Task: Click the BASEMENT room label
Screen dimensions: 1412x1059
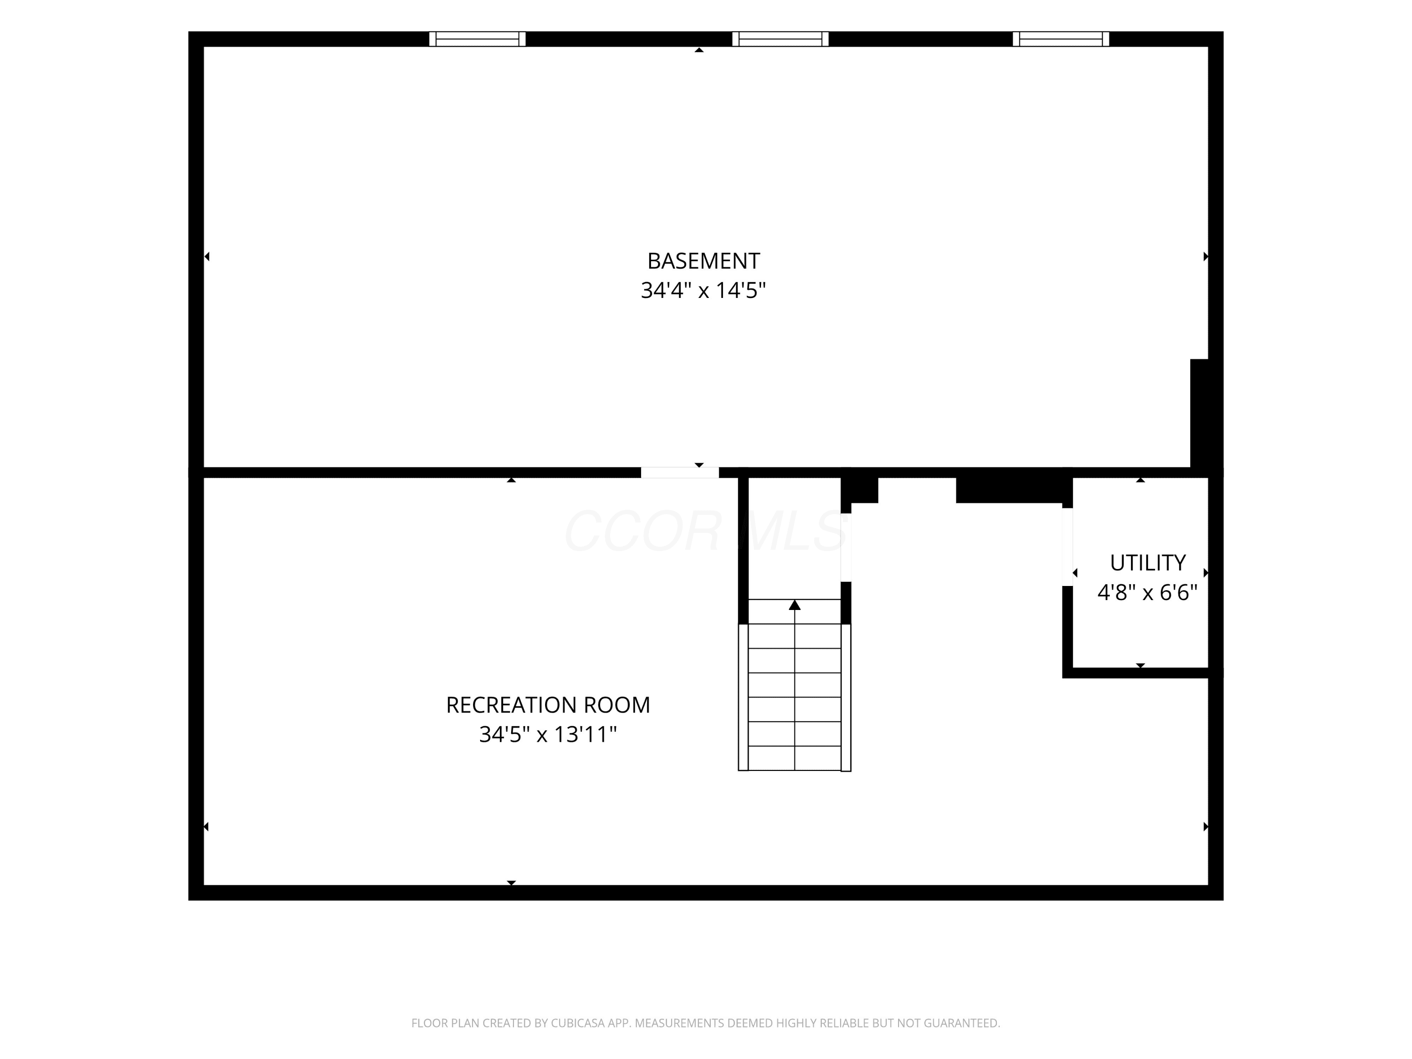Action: (x=704, y=261)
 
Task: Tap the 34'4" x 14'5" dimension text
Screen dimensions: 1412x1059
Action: (x=704, y=290)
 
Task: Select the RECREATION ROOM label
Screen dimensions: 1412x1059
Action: (x=548, y=706)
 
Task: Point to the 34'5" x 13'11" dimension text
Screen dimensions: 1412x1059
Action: (x=548, y=735)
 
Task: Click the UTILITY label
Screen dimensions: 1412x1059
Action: (x=1148, y=563)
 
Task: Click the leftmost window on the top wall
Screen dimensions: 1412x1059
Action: (x=477, y=39)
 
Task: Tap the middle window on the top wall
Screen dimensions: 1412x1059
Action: (x=780, y=39)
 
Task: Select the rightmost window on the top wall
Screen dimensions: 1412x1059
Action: (x=1061, y=39)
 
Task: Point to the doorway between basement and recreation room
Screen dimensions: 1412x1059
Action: (x=680, y=473)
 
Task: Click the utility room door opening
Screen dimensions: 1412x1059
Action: (x=1067, y=547)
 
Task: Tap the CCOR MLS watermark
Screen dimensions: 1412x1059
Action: (x=706, y=531)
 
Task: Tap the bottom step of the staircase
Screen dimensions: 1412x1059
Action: (x=795, y=758)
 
